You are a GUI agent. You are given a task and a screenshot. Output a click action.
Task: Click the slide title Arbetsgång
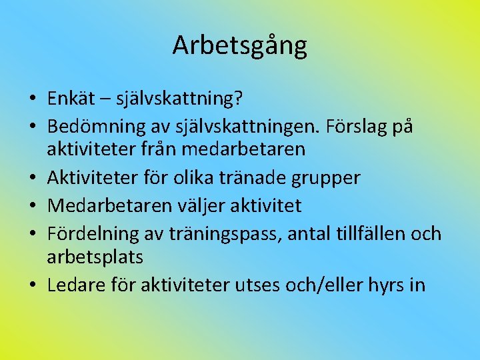coord(239,45)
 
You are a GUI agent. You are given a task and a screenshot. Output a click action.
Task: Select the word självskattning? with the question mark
coord(179,100)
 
